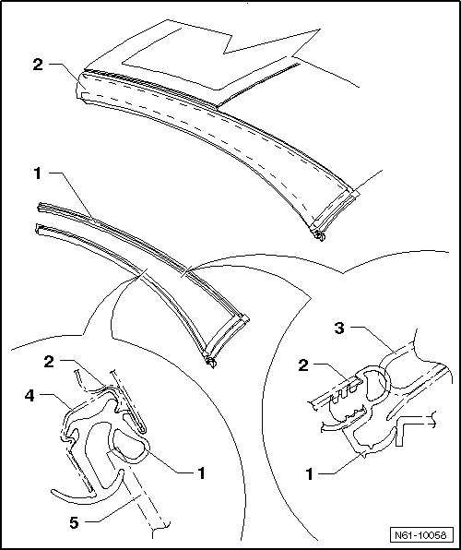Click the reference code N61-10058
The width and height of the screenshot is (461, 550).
pos(420,535)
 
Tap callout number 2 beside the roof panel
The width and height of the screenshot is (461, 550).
pos(38,65)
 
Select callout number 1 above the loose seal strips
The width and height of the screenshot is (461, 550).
pos(38,173)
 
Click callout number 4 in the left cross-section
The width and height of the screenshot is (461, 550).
pos(30,396)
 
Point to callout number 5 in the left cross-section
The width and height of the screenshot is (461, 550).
pos(75,522)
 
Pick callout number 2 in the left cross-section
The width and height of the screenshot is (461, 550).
pos(49,362)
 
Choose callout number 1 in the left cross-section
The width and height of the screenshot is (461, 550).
pos(201,472)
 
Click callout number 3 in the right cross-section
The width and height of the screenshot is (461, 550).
pos(339,329)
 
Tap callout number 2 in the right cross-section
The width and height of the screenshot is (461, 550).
pos(303,365)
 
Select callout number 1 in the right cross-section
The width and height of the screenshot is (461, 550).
pos(309,474)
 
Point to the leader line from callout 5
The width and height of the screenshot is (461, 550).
pos(112,508)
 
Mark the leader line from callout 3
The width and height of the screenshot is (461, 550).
pos(373,340)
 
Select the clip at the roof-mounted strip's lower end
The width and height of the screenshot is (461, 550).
pos(319,235)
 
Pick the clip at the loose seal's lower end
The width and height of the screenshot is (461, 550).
pos(211,362)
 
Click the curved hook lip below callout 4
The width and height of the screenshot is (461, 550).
pos(88,491)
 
